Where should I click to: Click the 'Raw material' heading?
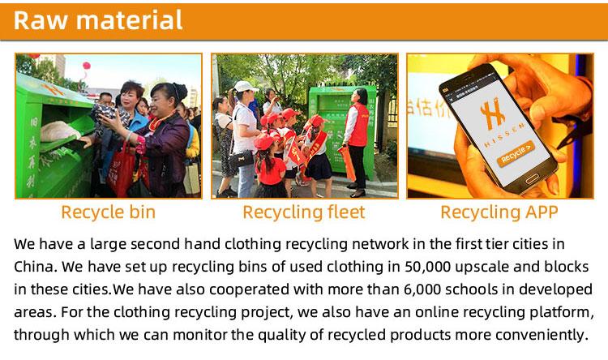(98, 20)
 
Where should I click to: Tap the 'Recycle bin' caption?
(108, 212)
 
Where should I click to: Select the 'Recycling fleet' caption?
(304, 212)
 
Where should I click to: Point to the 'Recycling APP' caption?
(499, 212)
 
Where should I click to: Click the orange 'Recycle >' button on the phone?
(516, 153)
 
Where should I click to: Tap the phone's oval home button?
(532, 179)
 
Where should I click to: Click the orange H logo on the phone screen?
(492, 113)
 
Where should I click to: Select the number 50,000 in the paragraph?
(428, 267)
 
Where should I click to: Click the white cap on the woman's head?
(245, 86)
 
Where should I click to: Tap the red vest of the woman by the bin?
(358, 125)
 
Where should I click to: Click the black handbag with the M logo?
(241, 159)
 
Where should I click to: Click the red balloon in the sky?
(87, 65)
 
